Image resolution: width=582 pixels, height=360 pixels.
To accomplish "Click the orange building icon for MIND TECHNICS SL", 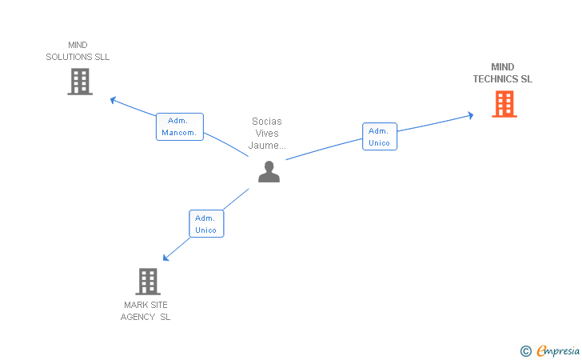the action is tap(504, 104).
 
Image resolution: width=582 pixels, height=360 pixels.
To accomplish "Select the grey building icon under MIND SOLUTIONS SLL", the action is tap(80, 82).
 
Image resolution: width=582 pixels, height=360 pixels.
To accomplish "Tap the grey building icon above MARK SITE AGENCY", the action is tap(148, 282).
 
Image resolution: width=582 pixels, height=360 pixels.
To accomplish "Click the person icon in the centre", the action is tap(269, 172).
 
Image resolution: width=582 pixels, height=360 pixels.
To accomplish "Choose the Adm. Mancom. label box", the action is tap(180, 126).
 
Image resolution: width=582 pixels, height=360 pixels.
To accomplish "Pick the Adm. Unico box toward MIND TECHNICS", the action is tap(380, 136).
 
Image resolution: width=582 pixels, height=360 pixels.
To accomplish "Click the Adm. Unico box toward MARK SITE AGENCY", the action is tap(206, 224).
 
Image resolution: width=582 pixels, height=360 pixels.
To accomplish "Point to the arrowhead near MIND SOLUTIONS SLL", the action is tap(114, 100).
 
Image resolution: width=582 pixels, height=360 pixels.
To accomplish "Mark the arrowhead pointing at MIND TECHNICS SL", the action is tap(471, 115).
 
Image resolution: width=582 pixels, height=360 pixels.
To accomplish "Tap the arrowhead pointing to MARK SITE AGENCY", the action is tap(166, 258).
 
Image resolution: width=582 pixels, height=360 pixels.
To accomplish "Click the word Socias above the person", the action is tap(267, 122).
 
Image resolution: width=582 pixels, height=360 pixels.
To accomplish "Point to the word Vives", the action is tap(267, 134).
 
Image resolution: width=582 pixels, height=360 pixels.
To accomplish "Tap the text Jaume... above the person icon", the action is tap(267, 146).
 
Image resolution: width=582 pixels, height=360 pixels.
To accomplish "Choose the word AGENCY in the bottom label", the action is tap(138, 317).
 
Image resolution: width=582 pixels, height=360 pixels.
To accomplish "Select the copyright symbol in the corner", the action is tap(526, 351).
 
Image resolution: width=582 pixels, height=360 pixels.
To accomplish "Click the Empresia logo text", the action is tap(558, 351).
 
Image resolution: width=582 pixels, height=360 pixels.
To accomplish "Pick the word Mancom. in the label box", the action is tap(179, 133).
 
